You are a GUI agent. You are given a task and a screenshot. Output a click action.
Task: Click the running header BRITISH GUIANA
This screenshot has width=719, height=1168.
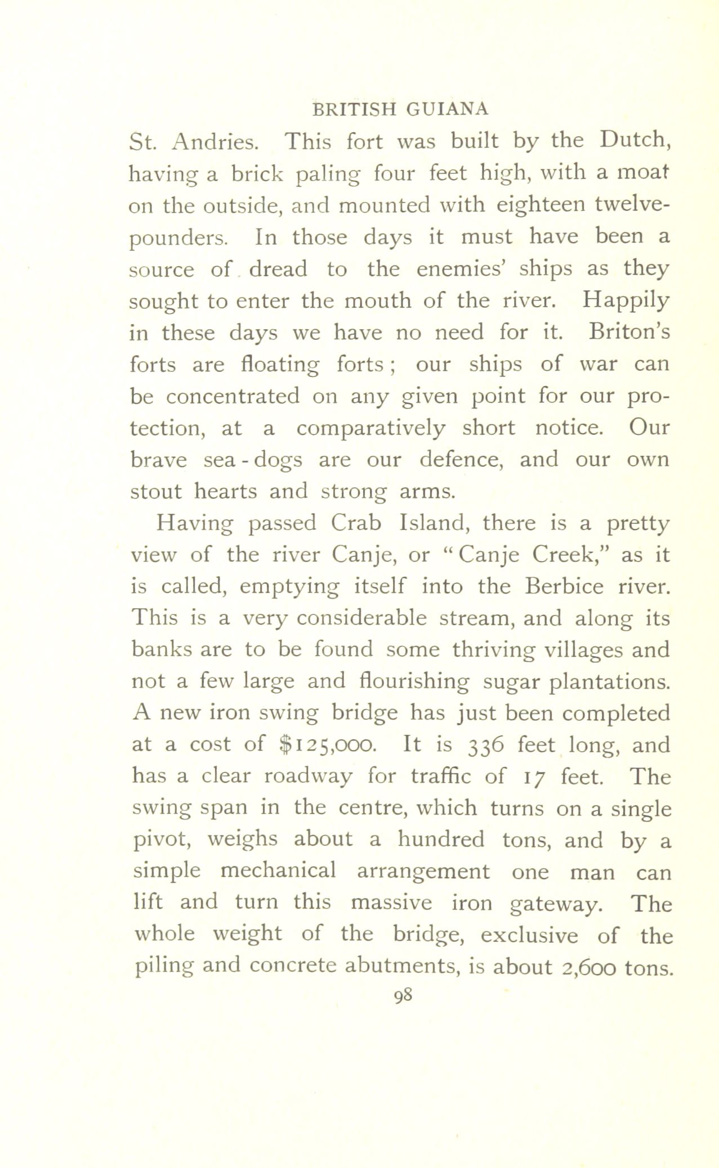tap(400, 109)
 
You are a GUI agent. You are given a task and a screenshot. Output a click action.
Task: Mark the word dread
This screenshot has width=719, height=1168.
tap(278, 270)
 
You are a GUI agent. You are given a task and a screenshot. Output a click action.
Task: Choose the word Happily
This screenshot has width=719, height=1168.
tap(626, 302)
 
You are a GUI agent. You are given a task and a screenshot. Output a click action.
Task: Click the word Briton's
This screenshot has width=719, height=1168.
tap(628, 333)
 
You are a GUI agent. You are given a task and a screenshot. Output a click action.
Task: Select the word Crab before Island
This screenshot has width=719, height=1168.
tap(356, 524)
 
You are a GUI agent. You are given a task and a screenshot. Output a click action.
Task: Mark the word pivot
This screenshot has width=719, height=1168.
tap(163, 841)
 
